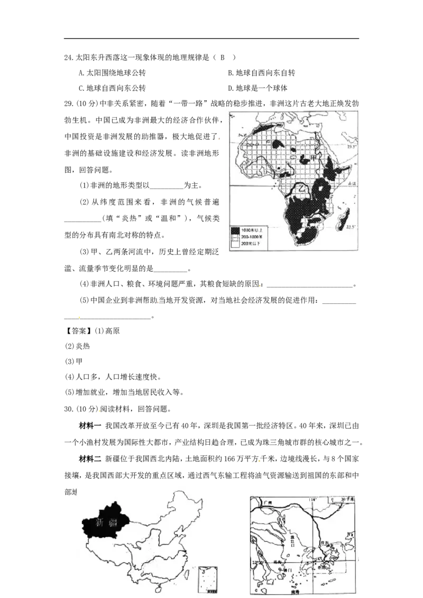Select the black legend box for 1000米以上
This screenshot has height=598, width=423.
click(x=235, y=230)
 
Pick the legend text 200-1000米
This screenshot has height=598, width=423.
click(x=253, y=237)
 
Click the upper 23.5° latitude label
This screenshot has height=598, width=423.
click(x=352, y=146)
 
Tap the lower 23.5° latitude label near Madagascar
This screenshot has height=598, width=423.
click(x=352, y=227)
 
